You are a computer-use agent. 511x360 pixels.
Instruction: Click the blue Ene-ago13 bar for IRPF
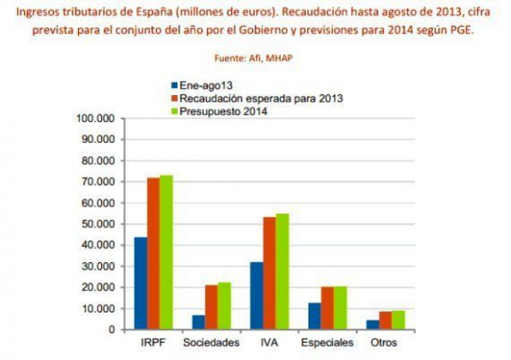141,284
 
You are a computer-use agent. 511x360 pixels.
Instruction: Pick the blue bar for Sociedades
199,322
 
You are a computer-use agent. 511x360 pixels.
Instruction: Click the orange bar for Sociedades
211,307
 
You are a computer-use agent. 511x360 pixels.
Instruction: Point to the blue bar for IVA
257,296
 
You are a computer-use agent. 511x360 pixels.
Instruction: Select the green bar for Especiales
340,308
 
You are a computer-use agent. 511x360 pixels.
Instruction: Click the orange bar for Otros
385,321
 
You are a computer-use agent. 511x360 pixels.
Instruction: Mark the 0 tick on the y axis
111,330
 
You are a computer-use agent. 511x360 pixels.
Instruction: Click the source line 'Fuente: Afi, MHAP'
253,58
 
